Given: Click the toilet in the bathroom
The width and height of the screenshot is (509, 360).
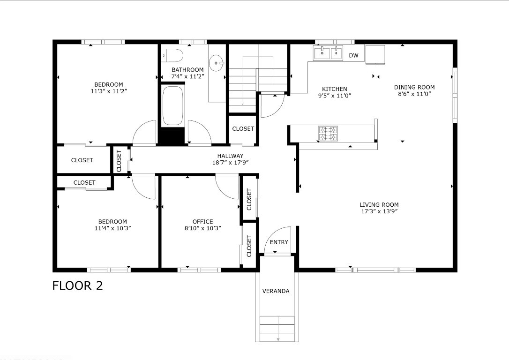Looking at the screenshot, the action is [172, 55].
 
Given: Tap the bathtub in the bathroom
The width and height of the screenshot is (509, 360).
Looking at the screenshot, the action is [172, 106].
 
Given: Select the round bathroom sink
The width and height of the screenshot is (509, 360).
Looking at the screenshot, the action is [216, 62].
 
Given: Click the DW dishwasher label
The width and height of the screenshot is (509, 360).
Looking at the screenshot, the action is [353, 55].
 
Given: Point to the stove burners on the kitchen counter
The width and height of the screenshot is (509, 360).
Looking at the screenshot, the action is [328, 134].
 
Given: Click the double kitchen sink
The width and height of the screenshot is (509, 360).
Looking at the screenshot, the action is [328, 53].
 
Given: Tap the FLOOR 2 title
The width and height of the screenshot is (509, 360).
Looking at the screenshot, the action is [78, 285].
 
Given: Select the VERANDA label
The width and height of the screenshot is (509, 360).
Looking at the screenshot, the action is [276, 291].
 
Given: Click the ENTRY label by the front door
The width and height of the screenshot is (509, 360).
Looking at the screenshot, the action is [279, 242].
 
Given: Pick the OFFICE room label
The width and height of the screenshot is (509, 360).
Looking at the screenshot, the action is [203, 221].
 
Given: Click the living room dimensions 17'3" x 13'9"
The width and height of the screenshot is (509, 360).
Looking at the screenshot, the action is [379, 211].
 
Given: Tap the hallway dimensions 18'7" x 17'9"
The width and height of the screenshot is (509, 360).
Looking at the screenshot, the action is [231, 162].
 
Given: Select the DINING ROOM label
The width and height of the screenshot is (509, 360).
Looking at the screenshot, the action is [414, 87].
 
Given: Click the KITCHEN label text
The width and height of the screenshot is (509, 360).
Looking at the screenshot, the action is [335, 89].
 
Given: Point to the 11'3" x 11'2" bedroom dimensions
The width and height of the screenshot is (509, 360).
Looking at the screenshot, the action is [109, 91].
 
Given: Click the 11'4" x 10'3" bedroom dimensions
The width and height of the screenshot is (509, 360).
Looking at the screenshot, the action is [112, 228].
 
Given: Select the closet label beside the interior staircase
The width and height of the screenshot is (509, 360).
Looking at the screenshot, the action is [243, 128].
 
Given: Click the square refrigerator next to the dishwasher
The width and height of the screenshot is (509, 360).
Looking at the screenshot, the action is [375, 54].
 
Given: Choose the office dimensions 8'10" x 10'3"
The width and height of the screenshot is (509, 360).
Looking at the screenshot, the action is [203, 228].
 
